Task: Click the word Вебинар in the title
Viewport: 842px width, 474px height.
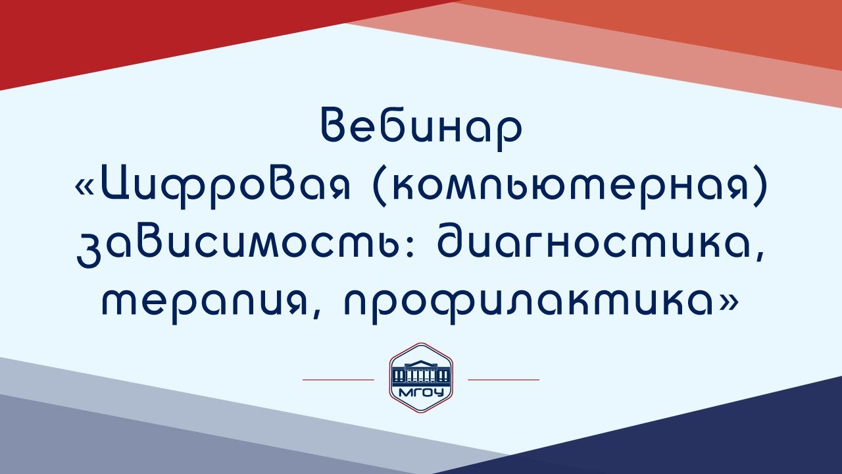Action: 421,128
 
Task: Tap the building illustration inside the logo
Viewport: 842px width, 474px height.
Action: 421,374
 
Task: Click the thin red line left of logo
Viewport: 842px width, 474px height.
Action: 337,380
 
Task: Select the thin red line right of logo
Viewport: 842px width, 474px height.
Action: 503,380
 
